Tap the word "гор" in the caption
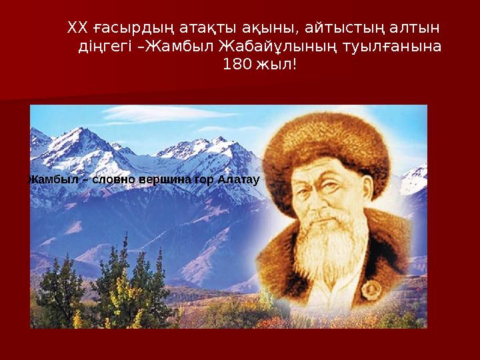tap(206, 179)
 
